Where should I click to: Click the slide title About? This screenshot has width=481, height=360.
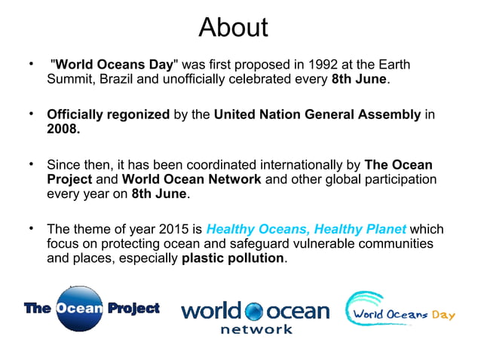point(233,27)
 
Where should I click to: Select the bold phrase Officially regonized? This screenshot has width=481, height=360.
point(108,115)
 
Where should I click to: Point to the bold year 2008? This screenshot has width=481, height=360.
point(63,130)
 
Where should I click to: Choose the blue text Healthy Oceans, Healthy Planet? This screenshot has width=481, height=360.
point(305,229)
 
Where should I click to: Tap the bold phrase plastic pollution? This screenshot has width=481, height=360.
point(234,258)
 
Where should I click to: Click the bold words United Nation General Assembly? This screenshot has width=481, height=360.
point(317,115)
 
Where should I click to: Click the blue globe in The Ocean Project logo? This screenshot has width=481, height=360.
point(79,310)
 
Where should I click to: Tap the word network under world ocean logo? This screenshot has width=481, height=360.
point(256,329)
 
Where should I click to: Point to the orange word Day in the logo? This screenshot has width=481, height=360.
point(443,315)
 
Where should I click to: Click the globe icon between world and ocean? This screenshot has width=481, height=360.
point(255,312)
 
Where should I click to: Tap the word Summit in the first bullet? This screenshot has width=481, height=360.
point(69,80)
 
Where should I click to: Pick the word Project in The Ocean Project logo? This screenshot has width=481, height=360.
point(133,309)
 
